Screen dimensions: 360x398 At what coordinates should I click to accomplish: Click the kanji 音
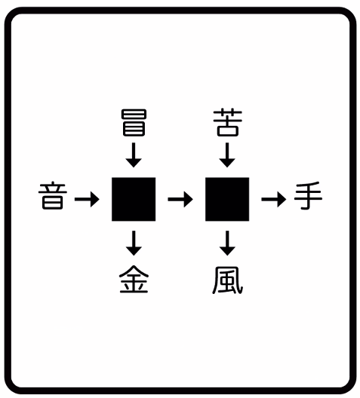[x=53, y=195]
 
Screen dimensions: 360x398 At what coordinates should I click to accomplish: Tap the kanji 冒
[x=134, y=123]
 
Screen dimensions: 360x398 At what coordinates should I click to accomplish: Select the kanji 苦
[x=227, y=123]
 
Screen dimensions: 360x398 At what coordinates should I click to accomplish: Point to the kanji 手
[x=308, y=195]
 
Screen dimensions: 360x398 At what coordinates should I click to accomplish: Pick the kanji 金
[x=134, y=280]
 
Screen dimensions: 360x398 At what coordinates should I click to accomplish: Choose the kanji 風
[x=227, y=280]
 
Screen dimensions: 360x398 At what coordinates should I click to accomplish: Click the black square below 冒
[x=134, y=199]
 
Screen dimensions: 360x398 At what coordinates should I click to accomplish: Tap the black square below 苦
[x=227, y=199]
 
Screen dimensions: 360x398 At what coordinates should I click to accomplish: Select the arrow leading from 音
[x=87, y=199]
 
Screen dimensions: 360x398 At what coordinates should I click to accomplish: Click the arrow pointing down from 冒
[x=134, y=155]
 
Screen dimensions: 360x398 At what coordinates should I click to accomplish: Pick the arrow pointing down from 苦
[x=227, y=155]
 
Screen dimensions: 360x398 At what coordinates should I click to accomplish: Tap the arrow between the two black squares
[x=180, y=199]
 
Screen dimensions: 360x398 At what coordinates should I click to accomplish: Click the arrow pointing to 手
[x=274, y=199]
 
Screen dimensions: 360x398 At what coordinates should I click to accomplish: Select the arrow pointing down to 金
[x=134, y=243]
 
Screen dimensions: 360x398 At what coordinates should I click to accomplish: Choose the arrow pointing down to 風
[x=227, y=243]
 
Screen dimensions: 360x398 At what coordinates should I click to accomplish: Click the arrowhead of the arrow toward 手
[x=282, y=199]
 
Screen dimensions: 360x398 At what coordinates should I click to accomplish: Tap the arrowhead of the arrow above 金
[x=134, y=251]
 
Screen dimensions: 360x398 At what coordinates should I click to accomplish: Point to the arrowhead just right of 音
[x=94, y=199]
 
